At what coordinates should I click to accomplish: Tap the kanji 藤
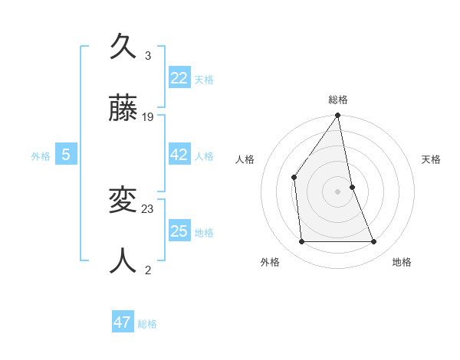tap(123, 110)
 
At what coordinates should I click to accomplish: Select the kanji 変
tap(123, 201)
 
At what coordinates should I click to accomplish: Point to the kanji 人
tap(123, 260)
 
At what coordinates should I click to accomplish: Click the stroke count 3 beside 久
tap(148, 56)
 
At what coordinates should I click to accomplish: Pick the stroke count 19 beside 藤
tap(148, 117)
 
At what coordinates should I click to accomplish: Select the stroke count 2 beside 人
tap(148, 269)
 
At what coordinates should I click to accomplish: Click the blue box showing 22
tap(179, 77)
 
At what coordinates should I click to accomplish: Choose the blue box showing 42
tap(179, 155)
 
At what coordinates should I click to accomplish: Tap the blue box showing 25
tap(179, 231)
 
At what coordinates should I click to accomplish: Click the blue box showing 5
tap(66, 155)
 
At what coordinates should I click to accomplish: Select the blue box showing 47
tap(123, 322)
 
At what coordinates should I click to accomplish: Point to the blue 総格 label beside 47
tap(147, 324)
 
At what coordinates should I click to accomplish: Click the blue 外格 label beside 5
tap(41, 156)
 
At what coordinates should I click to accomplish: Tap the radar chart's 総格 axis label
tap(338, 100)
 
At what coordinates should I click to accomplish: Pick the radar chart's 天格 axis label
tap(431, 159)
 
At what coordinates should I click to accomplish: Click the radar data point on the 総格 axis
tap(338, 116)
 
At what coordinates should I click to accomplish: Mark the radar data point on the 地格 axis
tap(374, 242)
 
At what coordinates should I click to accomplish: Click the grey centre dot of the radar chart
tap(338, 191)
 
